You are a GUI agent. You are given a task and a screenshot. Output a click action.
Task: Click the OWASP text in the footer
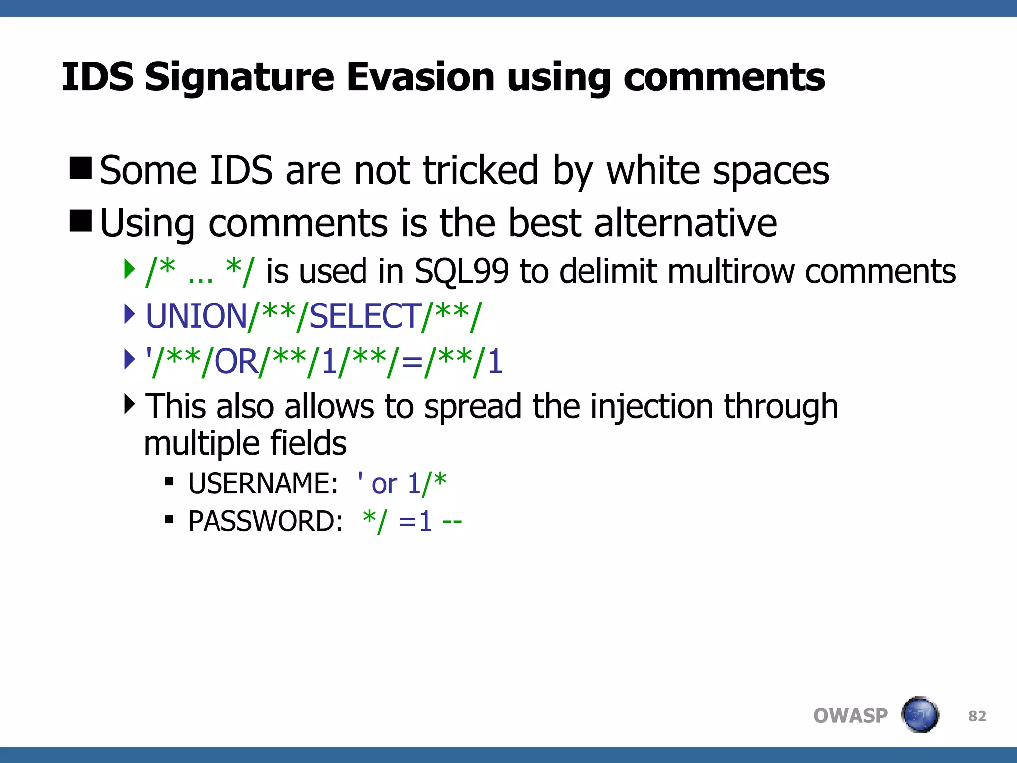click(x=850, y=716)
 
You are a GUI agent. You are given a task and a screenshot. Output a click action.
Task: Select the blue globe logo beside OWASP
click(x=920, y=715)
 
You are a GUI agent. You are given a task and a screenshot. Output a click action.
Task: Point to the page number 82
click(x=977, y=716)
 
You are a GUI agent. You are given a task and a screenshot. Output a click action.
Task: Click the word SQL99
click(x=461, y=272)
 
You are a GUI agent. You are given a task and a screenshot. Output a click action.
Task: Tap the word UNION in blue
click(x=197, y=316)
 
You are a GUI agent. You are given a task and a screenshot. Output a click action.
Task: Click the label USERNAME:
click(x=263, y=483)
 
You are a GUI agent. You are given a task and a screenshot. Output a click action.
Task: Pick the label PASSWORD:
click(x=265, y=521)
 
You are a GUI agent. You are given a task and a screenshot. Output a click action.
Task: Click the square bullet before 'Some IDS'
click(x=80, y=168)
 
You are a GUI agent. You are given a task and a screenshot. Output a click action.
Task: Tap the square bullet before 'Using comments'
click(x=80, y=221)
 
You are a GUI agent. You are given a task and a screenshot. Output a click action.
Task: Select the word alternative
click(x=685, y=223)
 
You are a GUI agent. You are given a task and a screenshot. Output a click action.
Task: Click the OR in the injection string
click(x=236, y=362)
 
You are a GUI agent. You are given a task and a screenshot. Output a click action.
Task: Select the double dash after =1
click(x=452, y=522)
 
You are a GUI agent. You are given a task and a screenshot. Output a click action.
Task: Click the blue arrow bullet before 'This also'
click(x=129, y=404)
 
